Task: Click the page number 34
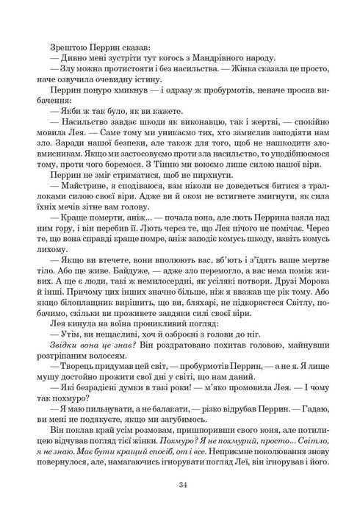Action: (180, 484)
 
